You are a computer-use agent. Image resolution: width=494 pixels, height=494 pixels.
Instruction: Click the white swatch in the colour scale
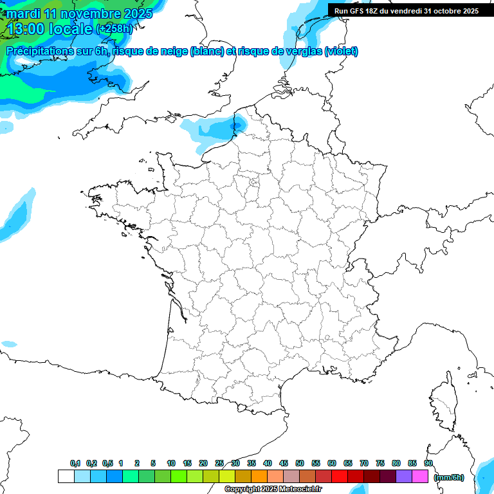coord(66,476)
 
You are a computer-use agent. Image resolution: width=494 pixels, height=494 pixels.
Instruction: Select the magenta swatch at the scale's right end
coord(421,476)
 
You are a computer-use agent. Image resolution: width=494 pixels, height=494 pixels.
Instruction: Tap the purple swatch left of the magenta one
coord(404,476)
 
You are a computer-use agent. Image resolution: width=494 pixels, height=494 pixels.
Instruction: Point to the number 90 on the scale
coord(428,464)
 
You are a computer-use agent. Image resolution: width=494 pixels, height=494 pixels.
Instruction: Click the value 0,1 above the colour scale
coord(75,464)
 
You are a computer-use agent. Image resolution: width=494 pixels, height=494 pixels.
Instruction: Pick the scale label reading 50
coord(300,464)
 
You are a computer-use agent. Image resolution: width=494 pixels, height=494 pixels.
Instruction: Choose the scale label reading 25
coord(219,464)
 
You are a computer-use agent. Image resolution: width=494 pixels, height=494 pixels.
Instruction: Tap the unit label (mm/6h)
coord(449,477)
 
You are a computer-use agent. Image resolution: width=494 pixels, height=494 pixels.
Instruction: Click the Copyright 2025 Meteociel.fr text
coord(273,489)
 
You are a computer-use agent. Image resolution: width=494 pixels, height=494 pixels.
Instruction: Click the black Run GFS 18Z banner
coord(406,10)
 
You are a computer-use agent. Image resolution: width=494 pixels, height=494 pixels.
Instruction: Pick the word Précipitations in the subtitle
coord(39,51)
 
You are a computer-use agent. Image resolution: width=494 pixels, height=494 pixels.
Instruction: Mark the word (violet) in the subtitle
coord(341,51)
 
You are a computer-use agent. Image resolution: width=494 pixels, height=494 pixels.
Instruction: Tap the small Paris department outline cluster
coord(253,185)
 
